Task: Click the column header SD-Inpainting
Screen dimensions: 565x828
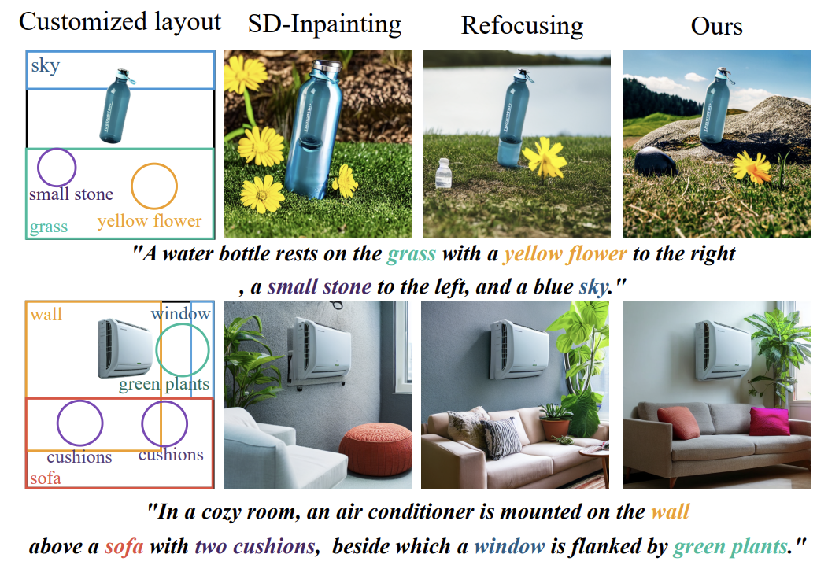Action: click(x=324, y=24)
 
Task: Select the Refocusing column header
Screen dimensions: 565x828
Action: click(x=522, y=25)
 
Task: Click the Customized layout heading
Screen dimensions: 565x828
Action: click(x=120, y=21)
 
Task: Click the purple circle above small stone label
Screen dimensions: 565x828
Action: click(x=57, y=167)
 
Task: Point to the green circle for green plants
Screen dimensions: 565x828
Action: click(x=183, y=350)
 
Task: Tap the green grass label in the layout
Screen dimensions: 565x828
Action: click(x=49, y=227)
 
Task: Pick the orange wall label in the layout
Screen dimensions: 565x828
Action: click(x=46, y=315)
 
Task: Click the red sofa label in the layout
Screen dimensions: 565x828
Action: click(x=45, y=478)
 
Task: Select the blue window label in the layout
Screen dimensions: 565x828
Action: click(x=181, y=314)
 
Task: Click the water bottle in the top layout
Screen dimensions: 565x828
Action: click(x=117, y=106)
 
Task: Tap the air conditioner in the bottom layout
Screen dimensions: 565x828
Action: click(x=124, y=347)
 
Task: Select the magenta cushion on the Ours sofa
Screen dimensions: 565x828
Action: click(x=769, y=421)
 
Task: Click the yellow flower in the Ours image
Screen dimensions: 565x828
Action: click(x=751, y=168)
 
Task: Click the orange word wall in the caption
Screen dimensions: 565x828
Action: click(x=671, y=512)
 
